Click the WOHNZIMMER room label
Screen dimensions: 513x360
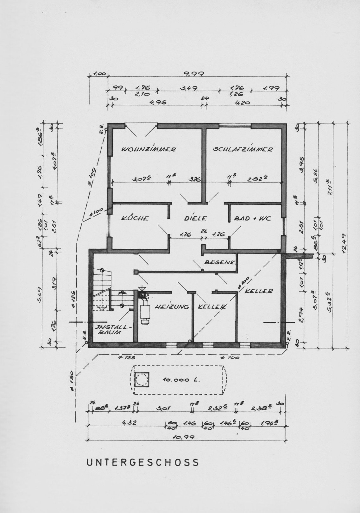point(149,149)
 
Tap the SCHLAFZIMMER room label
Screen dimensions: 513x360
point(243,149)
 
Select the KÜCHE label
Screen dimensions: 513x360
point(135,218)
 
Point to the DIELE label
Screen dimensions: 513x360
point(195,218)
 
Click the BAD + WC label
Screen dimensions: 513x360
point(252,218)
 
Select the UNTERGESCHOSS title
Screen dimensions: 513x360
point(143,462)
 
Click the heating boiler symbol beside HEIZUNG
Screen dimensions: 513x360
point(145,309)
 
